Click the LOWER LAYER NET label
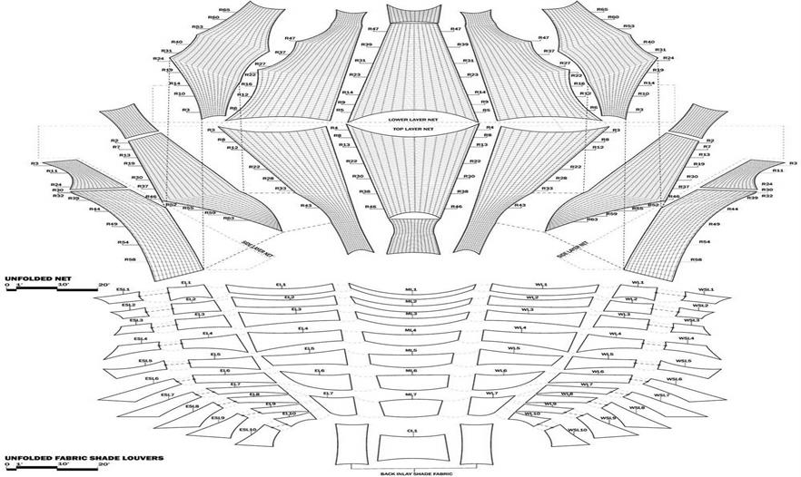click(410, 119)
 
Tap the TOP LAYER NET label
click(410, 130)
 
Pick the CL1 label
click(411, 432)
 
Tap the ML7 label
click(410, 394)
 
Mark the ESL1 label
click(124, 291)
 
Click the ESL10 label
click(247, 430)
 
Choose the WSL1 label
click(706, 291)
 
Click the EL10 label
click(289, 414)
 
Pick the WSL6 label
click(674, 379)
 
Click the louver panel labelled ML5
click(410, 352)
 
